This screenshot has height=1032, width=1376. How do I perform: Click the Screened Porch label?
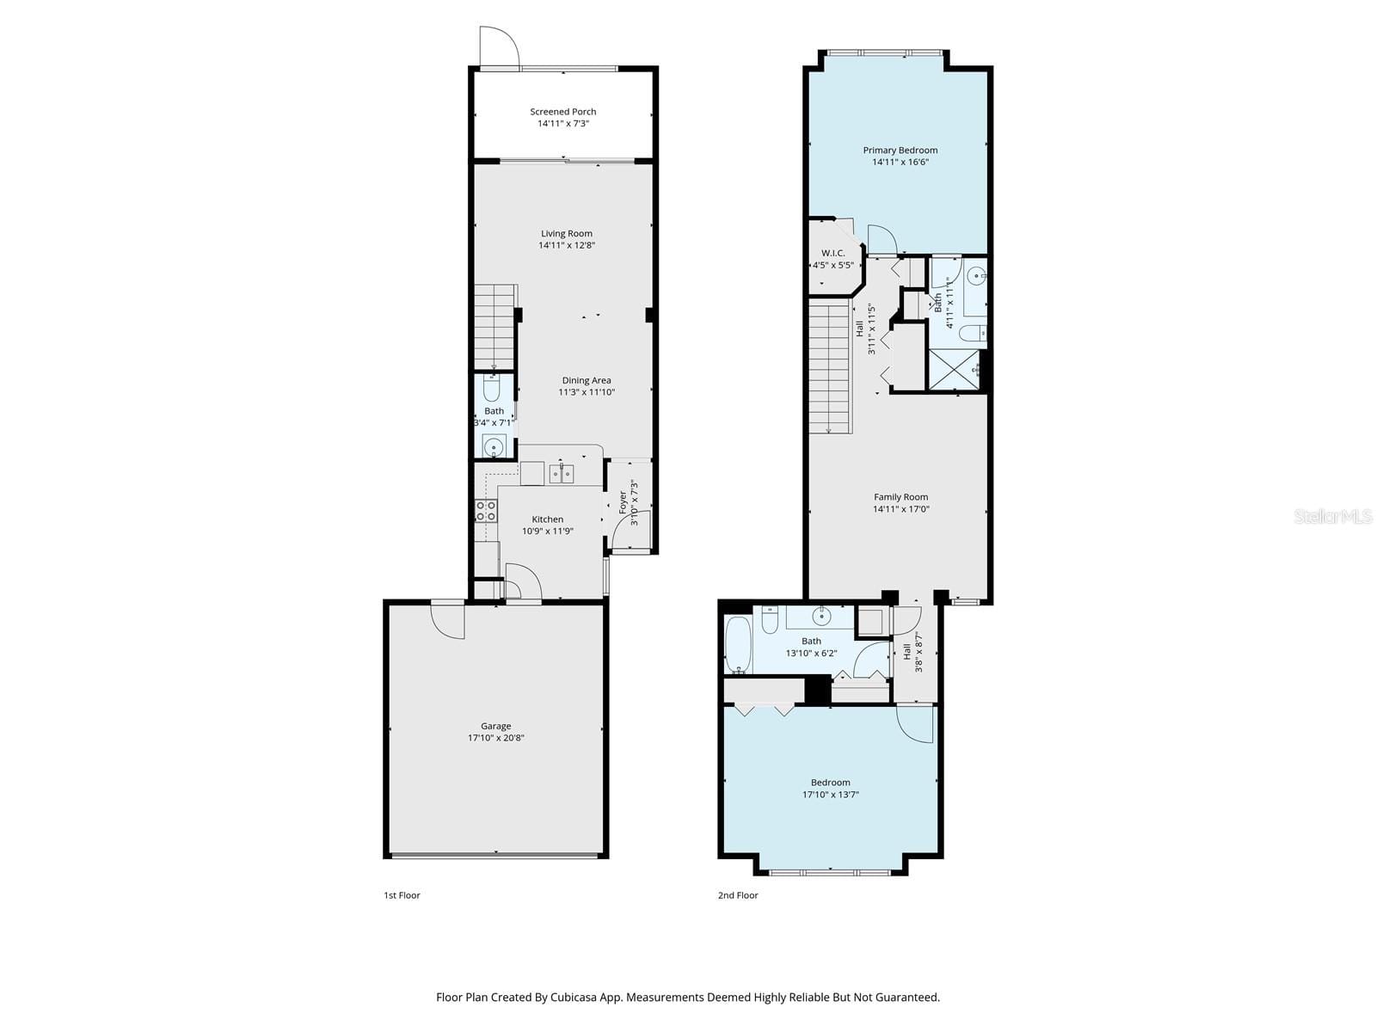pos(563,112)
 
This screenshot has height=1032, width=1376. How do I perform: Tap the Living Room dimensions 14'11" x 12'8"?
pos(567,245)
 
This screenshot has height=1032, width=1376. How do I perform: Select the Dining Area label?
pos(587,380)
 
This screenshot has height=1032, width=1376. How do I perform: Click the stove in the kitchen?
pos(486,511)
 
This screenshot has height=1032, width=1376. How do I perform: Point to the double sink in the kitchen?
pos(562,473)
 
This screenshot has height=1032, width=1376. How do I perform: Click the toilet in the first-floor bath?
pos(492,389)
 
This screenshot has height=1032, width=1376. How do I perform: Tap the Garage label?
pos(496,726)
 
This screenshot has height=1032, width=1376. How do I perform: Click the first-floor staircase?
pos(494,327)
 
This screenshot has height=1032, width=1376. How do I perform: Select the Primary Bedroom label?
pos(900,150)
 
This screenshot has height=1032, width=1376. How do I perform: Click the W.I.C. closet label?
pos(833,253)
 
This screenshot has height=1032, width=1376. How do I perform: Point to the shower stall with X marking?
pos(954,371)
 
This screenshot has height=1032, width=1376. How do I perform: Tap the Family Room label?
pos(900,497)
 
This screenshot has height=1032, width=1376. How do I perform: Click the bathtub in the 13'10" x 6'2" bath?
pos(738,645)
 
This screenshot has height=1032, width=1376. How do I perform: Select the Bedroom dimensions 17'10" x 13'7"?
pos(831,795)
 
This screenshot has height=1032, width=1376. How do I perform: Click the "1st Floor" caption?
pos(402,895)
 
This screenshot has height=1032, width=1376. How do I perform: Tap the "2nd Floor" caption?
pos(738,895)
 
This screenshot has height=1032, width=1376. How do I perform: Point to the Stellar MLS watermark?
pos(1333,516)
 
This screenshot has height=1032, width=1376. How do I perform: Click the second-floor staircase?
pos(829,366)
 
